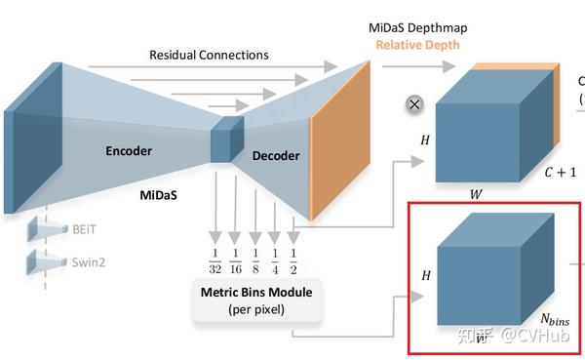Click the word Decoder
click(276, 155)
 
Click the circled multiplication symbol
click(414, 103)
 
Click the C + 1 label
click(561, 174)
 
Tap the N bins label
click(555, 319)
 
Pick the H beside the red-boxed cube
click(424, 276)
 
